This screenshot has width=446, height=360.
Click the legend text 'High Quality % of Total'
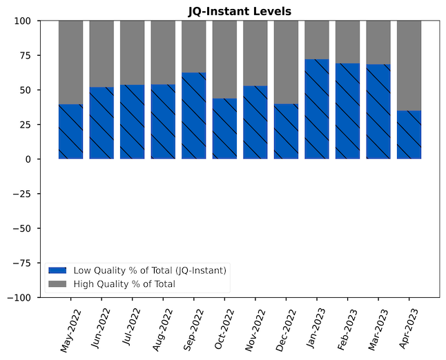click(x=124, y=284)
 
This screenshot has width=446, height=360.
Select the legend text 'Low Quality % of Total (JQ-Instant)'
click(x=150, y=270)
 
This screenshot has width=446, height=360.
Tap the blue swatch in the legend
click(x=57, y=270)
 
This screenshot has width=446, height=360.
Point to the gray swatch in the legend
click(x=57, y=284)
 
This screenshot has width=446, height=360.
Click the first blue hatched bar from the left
click(x=70, y=132)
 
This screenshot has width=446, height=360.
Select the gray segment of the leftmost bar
click(x=70, y=62)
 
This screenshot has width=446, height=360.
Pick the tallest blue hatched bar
click(x=317, y=109)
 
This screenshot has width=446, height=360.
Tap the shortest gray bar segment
click(x=317, y=40)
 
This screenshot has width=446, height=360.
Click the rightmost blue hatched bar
click(x=409, y=134)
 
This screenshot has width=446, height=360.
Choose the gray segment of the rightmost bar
click(x=409, y=66)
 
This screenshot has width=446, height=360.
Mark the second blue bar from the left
click(x=101, y=123)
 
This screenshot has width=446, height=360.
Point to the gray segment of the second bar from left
click(x=101, y=54)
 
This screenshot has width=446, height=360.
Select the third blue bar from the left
click(x=132, y=122)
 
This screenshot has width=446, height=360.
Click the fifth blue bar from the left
click(x=194, y=116)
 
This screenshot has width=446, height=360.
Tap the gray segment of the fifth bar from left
click(x=194, y=46)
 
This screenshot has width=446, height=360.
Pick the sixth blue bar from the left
click(x=224, y=128)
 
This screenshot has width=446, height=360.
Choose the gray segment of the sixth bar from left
click(x=224, y=59)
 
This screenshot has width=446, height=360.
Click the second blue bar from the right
click(x=378, y=112)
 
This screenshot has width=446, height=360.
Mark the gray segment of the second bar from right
click(x=378, y=42)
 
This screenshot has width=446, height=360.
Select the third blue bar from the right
click(x=347, y=111)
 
